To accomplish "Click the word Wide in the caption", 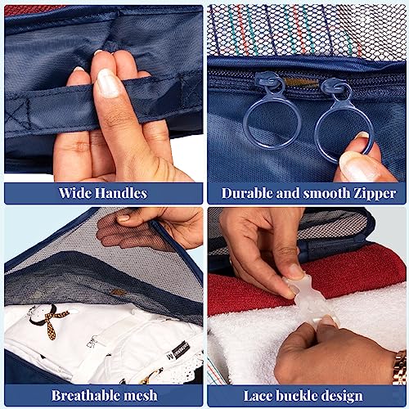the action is click(x=74, y=193).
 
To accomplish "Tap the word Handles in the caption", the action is click(x=121, y=193).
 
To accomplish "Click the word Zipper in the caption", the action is click(x=375, y=194).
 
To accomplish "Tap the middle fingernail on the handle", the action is click(x=108, y=83).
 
